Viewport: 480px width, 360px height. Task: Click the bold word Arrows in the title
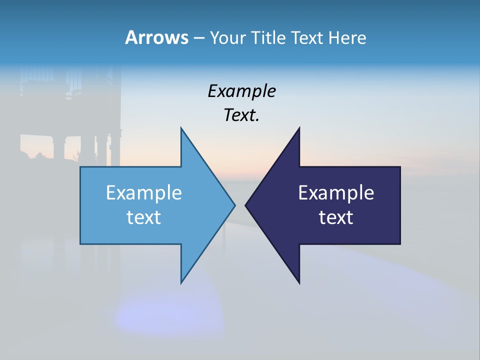pos(156,37)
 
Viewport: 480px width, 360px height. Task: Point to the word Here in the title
pos(347,37)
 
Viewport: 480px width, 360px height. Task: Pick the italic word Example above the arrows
pos(241,91)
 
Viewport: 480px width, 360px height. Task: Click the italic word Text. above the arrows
pos(241,115)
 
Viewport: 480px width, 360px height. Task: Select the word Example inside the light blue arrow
pos(144,193)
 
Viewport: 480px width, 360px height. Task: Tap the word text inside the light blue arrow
pos(144,217)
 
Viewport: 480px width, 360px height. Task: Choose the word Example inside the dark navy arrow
pos(336,193)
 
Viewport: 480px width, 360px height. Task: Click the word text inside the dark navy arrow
pos(336,217)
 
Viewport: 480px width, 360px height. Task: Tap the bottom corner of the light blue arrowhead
pos(181,282)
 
